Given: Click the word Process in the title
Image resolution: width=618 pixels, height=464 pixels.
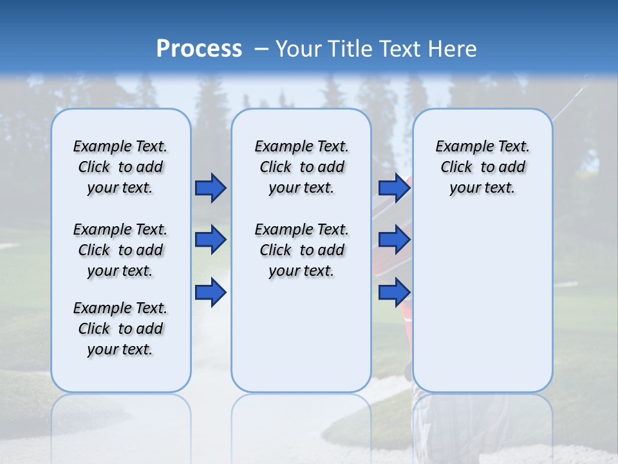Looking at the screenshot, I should [199, 49].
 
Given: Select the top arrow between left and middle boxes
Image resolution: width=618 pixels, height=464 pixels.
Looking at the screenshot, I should [211, 188].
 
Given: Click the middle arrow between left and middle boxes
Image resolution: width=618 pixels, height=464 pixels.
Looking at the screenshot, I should [211, 240].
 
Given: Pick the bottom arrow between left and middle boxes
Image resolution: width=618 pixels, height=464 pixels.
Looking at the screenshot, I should [211, 293].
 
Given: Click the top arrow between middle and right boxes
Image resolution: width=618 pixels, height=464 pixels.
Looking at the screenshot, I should [394, 188].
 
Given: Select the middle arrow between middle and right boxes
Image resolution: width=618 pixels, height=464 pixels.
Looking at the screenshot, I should [394, 240].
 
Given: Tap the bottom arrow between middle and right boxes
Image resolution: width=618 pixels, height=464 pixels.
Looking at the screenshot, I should [394, 293].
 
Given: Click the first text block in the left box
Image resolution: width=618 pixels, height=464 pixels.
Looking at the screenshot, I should [120, 167].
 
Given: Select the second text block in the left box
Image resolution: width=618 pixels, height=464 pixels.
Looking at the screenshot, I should [120, 250].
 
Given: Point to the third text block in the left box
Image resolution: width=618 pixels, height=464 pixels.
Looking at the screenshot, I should [120, 329].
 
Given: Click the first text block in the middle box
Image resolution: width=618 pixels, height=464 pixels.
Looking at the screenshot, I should [301, 167].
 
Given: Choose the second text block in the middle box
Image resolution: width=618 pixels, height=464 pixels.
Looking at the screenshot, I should [301, 250].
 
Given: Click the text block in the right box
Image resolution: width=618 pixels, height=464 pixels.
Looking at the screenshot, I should [482, 167].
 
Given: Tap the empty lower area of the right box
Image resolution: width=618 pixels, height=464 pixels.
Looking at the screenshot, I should [482, 309].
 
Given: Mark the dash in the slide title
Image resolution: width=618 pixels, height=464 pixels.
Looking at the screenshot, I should [261, 49].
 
